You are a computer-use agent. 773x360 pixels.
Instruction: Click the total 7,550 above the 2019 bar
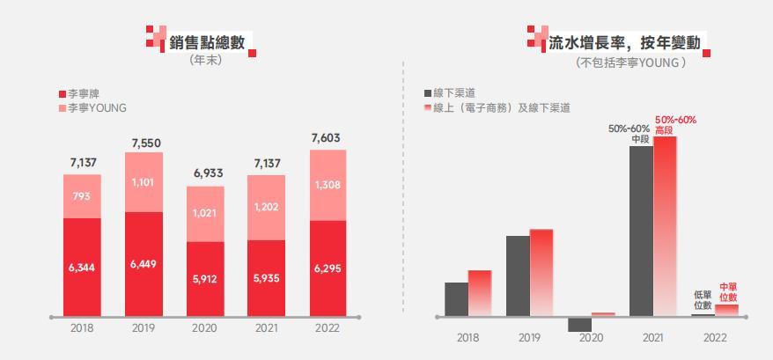[x=146, y=143]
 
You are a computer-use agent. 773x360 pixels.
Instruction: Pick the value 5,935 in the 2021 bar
[x=266, y=278]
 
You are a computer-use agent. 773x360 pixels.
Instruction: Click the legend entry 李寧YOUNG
[x=97, y=107]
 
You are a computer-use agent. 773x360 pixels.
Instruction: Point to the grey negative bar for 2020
[x=579, y=324]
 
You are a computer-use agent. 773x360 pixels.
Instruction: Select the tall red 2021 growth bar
[x=665, y=225]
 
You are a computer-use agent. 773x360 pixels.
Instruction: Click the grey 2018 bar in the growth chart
[x=456, y=298]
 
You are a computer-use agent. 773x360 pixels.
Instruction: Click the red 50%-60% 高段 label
[x=675, y=123]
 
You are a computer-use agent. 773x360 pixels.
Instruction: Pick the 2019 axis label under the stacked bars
[x=144, y=327]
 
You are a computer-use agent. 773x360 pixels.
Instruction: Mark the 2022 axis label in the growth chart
[x=714, y=338]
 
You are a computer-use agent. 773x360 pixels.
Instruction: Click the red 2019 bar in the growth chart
[x=541, y=272]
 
